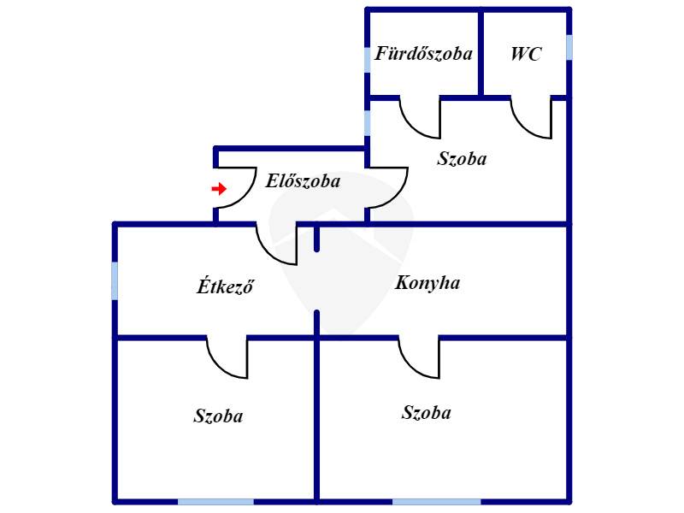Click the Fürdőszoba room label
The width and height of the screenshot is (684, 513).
423,54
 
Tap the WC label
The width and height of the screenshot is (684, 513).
526,54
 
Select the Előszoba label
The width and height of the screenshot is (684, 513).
303,180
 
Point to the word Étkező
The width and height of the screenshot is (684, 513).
225,286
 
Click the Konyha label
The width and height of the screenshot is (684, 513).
427,283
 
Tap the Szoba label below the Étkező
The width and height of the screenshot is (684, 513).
218,416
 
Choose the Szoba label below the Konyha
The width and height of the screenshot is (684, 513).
426,412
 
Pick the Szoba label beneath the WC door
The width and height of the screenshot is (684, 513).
462,158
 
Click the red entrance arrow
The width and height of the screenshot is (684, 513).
219,189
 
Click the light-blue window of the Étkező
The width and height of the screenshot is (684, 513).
115,281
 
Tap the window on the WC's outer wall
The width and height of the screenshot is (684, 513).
569,48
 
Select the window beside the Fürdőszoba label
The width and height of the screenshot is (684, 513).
368,60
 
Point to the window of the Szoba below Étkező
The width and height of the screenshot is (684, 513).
216,502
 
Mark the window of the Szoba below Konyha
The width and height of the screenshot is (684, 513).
437,502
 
